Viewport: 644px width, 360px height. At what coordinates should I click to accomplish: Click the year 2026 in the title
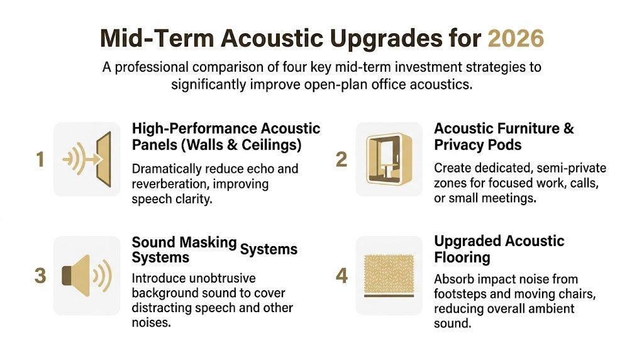pos(516,39)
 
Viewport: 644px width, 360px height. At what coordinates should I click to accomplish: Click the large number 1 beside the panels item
pos(40,160)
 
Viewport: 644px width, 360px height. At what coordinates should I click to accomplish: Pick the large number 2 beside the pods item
pos(341,160)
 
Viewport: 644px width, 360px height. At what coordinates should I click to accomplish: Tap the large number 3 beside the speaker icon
pos(40,276)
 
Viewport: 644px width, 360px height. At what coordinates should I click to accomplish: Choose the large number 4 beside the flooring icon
pos(341,276)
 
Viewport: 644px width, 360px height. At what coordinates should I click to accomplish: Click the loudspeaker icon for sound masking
pos(87,276)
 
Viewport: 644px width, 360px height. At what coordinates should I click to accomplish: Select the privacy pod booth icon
pos(388,159)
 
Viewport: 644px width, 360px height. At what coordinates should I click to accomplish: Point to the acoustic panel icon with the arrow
pos(87,160)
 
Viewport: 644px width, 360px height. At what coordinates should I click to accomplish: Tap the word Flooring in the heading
pos(462,257)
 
